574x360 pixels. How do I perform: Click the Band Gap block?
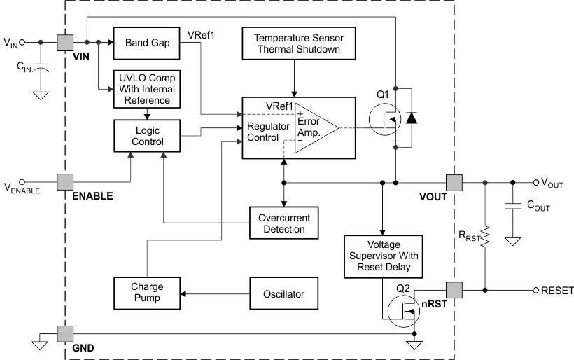pyautogui.click(x=146, y=43)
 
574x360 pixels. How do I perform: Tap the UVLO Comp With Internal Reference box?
pyautogui.click(x=146, y=88)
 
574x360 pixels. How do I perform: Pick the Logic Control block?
pyautogui.click(x=146, y=135)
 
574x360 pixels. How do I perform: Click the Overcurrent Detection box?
pyautogui.click(x=284, y=222)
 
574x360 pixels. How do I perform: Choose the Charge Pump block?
pyautogui.click(x=146, y=292)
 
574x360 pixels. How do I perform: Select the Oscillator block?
pyautogui.click(x=284, y=292)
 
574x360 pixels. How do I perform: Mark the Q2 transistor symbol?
pyautogui.click(x=405, y=308)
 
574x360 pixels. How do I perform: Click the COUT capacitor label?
pyautogui.click(x=537, y=207)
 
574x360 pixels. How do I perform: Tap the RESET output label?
pyautogui.click(x=557, y=290)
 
